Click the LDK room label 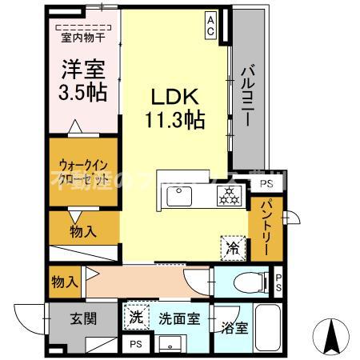(174, 96)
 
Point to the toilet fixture (244, 282)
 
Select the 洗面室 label (178, 318)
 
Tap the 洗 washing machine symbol (136, 316)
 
